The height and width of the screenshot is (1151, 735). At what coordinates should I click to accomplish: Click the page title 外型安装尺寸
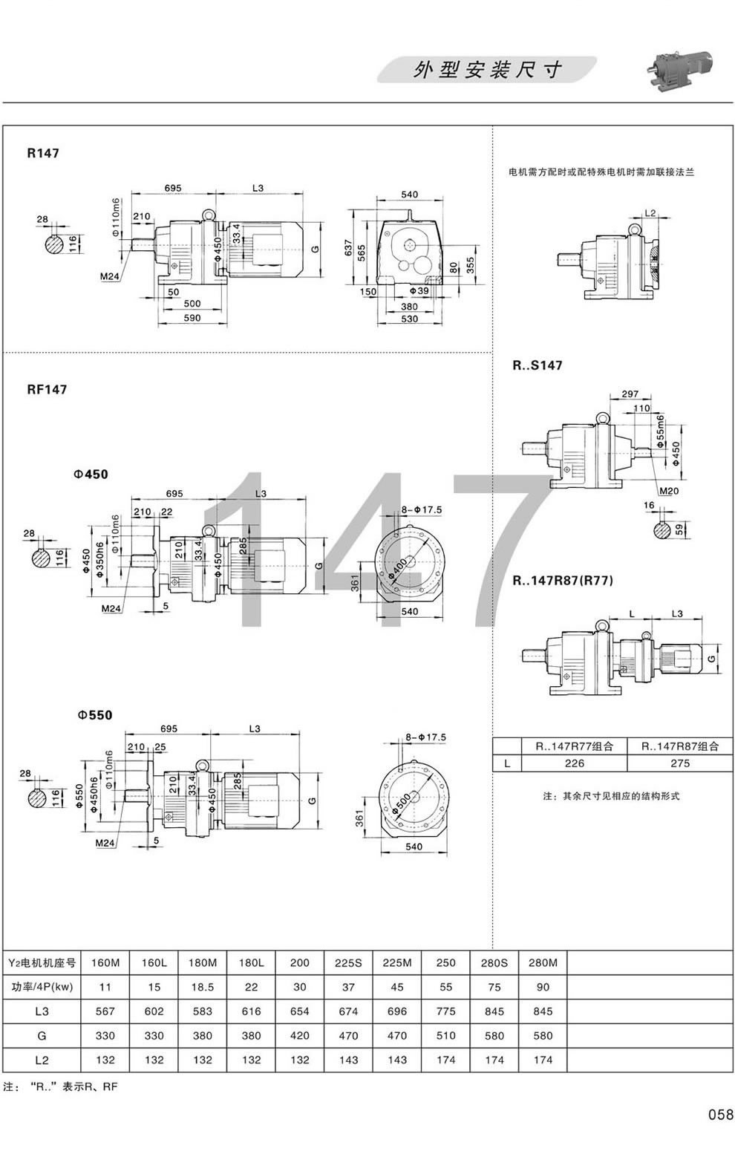tap(487, 71)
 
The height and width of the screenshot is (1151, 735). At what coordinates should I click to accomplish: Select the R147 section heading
tap(42, 154)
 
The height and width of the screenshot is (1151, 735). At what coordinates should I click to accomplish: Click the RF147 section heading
tap(47, 388)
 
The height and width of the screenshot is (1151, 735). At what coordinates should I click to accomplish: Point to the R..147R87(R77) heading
tap(563, 581)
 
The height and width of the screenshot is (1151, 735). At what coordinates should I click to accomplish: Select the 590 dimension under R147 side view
tap(192, 319)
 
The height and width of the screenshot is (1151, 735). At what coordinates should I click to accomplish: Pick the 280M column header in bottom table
tap(543, 963)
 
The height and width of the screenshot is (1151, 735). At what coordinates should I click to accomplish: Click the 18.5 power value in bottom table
tap(202, 988)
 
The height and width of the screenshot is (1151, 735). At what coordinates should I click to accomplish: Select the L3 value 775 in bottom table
tap(445, 1011)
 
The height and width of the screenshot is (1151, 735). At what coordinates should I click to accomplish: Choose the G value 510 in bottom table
tap(445, 1035)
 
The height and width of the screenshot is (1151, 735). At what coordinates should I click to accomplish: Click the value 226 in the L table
tap(575, 763)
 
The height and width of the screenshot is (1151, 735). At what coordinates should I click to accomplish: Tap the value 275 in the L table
tap(679, 763)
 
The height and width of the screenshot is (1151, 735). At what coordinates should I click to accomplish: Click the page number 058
tap(719, 1114)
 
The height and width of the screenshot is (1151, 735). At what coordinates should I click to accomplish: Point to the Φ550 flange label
tap(94, 715)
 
